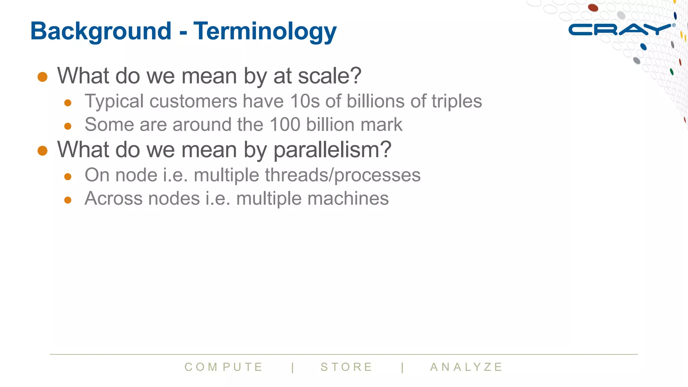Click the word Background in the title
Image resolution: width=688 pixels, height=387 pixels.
pos(101,31)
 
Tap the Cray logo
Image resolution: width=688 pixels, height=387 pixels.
pos(620,30)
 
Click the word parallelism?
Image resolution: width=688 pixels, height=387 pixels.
pos(332,150)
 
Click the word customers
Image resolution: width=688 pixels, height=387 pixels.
pos(193,101)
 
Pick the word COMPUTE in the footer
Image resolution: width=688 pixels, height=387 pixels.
pos(224,367)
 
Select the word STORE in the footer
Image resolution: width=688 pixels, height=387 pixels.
pos(346,367)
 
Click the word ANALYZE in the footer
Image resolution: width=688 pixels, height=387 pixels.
pos(466,367)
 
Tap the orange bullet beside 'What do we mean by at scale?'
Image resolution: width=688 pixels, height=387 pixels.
pos(42,77)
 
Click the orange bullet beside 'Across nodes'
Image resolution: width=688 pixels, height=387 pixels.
pos(68,200)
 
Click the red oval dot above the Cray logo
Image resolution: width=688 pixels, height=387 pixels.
pos(593,7)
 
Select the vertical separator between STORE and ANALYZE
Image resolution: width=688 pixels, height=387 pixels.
pos(402,367)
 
